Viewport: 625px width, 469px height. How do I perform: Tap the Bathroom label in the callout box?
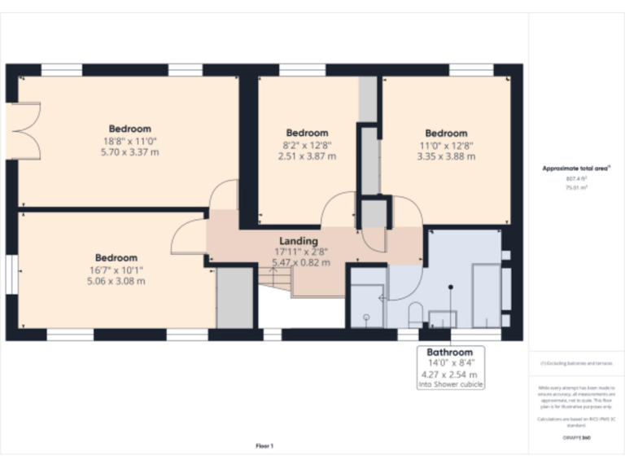450,353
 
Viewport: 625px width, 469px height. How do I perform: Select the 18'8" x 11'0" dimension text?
130,141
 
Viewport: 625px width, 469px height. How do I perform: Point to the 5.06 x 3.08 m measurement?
116,281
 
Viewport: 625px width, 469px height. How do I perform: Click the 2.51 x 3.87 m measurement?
307,156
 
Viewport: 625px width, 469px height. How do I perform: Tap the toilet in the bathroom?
415,313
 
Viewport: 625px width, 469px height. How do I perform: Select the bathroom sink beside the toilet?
443,318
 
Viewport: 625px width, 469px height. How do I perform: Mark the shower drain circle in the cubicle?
367,317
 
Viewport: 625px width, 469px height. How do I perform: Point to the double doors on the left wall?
28,130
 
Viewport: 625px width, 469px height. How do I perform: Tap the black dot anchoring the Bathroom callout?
450,287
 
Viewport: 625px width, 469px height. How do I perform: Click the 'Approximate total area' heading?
576,169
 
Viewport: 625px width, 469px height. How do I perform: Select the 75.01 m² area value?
576,186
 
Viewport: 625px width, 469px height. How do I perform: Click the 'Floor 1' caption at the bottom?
264,445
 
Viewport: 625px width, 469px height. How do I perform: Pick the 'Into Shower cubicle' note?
450,384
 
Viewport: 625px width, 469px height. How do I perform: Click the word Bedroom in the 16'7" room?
116,258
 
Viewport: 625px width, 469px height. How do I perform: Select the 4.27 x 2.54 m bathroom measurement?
450,375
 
